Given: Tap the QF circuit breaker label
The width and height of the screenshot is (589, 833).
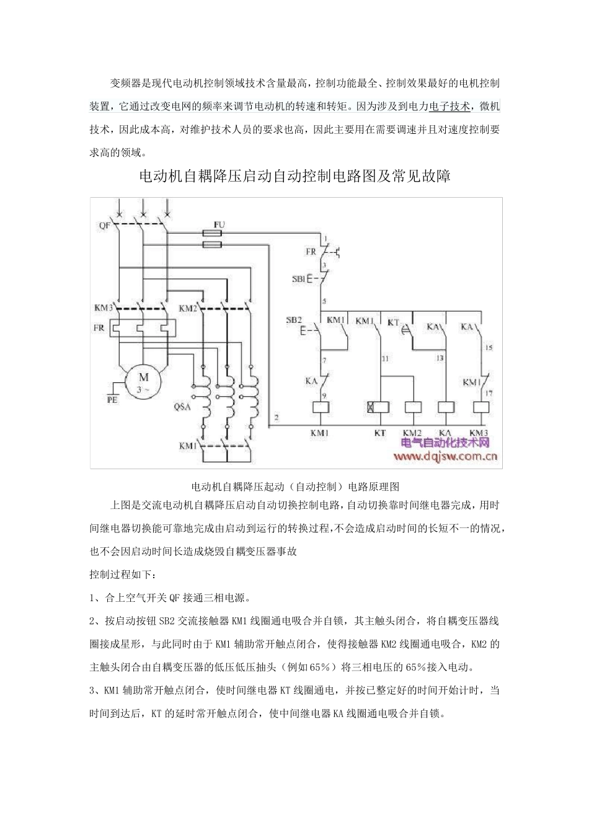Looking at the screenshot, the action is (x=104, y=226).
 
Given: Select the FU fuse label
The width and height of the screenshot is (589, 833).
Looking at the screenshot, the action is (x=219, y=223).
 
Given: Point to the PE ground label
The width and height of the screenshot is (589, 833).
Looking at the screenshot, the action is (x=113, y=400).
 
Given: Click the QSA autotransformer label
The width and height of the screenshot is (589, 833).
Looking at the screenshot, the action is (x=181, y=407).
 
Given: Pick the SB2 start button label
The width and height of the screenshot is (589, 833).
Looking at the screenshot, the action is (x=293, y=320).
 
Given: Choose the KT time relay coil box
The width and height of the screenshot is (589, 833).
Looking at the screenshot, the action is (x=379, y=407).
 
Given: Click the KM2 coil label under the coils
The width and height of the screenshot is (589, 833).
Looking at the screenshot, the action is (x=412, y=432).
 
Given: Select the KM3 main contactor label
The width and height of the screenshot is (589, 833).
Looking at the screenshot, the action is (x=103, y=308).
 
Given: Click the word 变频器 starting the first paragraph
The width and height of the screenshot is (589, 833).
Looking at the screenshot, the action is (x=125, y=83).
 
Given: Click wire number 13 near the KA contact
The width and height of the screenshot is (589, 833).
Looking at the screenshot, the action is (x=440, y=358).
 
